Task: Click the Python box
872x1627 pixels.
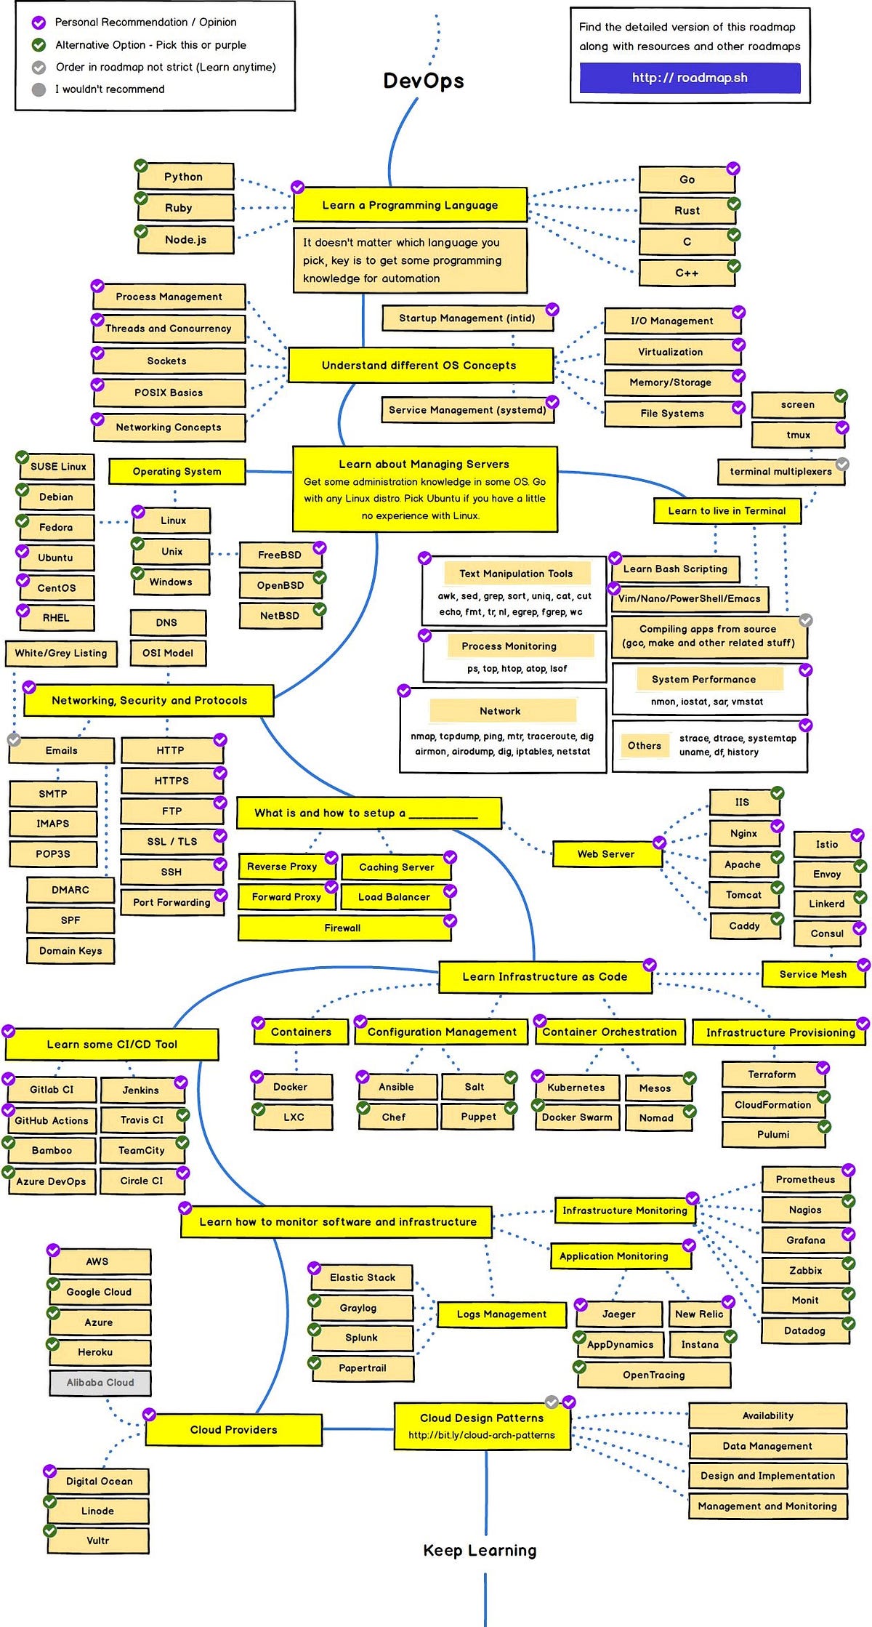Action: pyautogui.click(x=185, y=177)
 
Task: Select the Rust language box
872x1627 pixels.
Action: pyautogui.click(x=687, y=211)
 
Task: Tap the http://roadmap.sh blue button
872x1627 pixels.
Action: pyautogui.click(x=690, y=78)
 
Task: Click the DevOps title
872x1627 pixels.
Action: pyautogui.click(x=424, y=81)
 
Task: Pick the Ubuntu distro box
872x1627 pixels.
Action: pyautogui.click(x=56, y=558)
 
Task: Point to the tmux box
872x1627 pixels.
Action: pyautogui.click(x=798, y=435)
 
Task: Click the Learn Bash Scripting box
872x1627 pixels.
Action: pyautogui.click(x=675, y=569)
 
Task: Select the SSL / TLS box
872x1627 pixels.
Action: pyautogui.click(x=172, y=841)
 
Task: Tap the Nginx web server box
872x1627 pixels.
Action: pyautogui.click(x=743, y=834)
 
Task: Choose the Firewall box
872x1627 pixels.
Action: pyautogui.click(x=342, y=928)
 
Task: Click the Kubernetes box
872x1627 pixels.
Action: pyautogui.click(x=576, y=1088)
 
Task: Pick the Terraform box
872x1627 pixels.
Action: pyautogui.click(x=772, y=1074)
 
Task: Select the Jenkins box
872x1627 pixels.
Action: pyautogui.click(x=141, y=1090)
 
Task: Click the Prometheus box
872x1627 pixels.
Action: pyautogui.click(x=805, y=1179)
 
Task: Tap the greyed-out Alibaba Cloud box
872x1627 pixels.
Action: pyautogui.click(x=100, y=1382)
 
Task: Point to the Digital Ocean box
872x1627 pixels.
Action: pyautogui.click(x=100, y=1481)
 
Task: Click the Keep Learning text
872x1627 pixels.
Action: pyautogui.click(x=480, y=1551)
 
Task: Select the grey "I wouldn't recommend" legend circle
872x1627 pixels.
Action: pyautogui.click(x=39, y=89)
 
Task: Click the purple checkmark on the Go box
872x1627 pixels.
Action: pyautogui.click(x=733, y=168)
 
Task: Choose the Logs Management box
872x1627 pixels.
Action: pyautogui.click(x=501, y=1314)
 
